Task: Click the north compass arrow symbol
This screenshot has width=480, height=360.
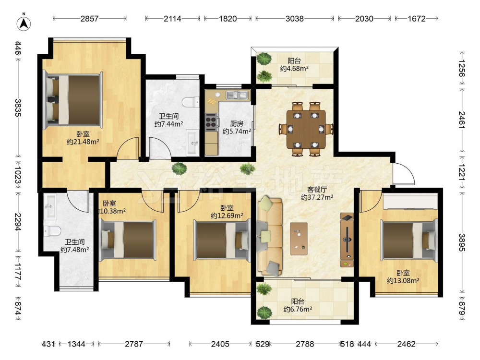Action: pyautogui.click(x=24, y=23)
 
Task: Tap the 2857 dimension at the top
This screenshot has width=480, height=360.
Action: pyautogui.click(x=89, y=19)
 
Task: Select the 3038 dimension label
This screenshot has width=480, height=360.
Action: pyautogui.click(x=295, y=19)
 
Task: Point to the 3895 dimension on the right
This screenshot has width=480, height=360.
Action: pyautogui.click(x=462, y=242)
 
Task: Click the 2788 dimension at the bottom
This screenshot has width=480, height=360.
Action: pyautogui.click(x=305, y=344)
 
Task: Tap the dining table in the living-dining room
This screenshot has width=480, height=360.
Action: pyautogui.click(x=306, y=129)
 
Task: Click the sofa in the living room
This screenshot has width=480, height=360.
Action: pyautogui.click(x=269, y=236)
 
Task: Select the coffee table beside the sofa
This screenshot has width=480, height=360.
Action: pyautogui.click(x=299, y=239)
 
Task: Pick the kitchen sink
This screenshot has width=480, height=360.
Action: pyautogui.click(x=238, y=95)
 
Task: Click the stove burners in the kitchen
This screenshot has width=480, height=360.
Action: pyautogui.click(x=211, y=120)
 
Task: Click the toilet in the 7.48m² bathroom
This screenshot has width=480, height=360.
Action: pyautogui.click(x=52, y=231)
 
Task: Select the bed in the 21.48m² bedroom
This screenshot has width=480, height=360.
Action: pyautogui.click(x=73, y=100)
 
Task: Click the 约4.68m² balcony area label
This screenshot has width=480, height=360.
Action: pyautogui.click(x=294, y=69)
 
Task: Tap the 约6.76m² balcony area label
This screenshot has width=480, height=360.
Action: pyautogui.click(x=298, y=309)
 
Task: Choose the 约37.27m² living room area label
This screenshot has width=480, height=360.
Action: pyautogui.click(x=317, y=197)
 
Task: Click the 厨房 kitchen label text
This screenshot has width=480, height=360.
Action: pyautogui.click(x=237, y=124)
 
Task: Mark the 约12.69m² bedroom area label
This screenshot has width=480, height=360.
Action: pyautogui.click(x=227, y=216)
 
